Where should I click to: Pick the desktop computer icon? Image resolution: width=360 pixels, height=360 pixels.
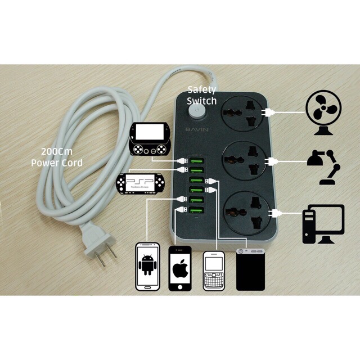coord(323,224)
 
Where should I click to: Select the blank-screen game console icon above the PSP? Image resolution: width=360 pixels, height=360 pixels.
coord(149,139)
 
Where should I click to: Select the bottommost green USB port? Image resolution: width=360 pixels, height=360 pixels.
coord(197,212)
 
